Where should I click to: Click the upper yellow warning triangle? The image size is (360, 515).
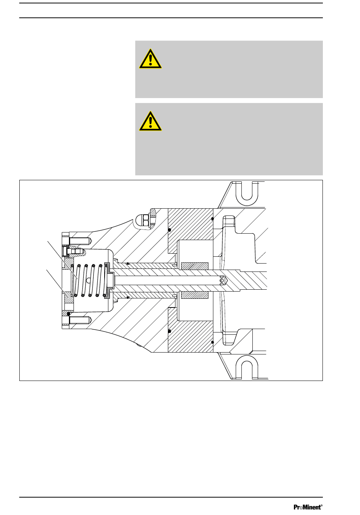coord(150,59)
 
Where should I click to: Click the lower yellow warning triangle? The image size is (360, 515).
coord(150,122)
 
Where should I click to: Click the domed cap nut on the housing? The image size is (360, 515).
coord(143,221)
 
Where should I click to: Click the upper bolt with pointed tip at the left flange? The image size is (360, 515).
coord(79,241)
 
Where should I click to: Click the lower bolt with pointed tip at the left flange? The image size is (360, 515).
coord(79,321)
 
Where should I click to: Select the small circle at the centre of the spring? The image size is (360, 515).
coord(88,281)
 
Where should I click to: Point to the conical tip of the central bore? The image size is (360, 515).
coord(225,281)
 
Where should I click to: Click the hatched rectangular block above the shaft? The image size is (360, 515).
coord(195,266)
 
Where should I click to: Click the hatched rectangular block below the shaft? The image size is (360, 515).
coord(195,295)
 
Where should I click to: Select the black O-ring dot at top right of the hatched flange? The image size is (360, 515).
coord(213,218)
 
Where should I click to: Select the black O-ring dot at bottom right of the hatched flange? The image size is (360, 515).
coord(213,342)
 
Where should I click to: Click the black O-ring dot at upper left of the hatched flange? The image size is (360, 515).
coord(169,229)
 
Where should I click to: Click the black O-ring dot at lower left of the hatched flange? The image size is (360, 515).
coord(169,331)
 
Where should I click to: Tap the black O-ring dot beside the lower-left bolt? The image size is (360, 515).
coord(68,314)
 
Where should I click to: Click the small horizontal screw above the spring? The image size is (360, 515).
coord(74,251)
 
